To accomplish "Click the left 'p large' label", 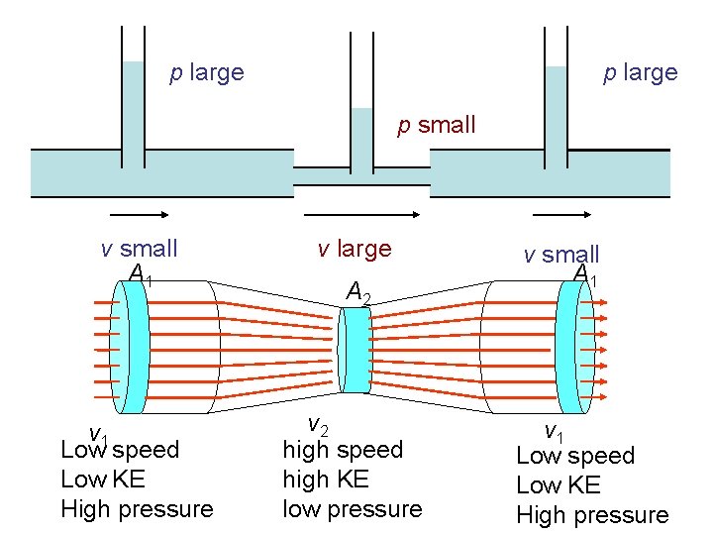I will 207,72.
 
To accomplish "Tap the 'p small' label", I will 437,125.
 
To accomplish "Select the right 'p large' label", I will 641,72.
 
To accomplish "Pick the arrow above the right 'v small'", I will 562,213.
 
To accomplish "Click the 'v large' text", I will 355,249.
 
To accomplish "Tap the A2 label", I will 357,291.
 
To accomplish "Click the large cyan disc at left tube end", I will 133,348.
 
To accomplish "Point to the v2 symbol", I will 317,426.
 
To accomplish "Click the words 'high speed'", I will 343,450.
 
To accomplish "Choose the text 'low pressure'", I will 352,509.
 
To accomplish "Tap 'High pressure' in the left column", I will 137,509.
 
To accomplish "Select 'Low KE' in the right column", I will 559,485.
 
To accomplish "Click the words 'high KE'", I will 325,480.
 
